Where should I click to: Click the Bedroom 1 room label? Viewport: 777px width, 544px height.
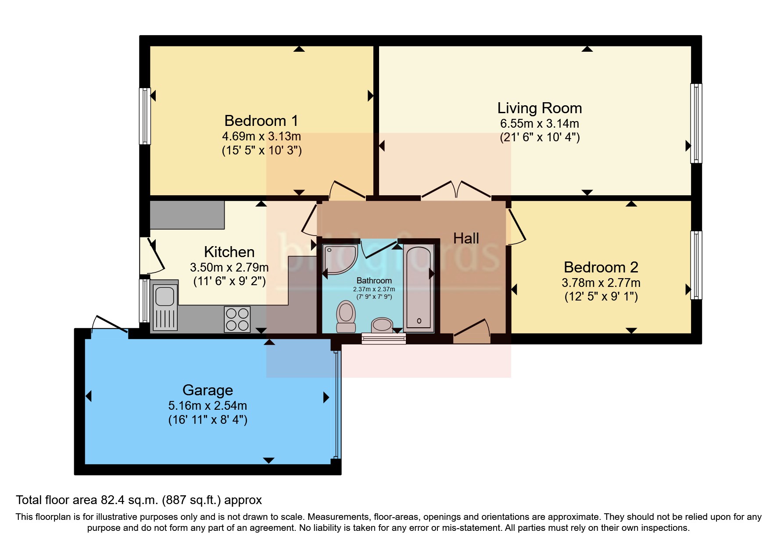pyautogui.click(x=261, y=121)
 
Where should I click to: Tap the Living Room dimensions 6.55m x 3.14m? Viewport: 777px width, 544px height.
pyautogui.click(x=539, y=124)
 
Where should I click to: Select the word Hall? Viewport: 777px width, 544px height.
pyautogui.click(x=466, y=239)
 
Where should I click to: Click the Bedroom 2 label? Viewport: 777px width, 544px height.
pyautogui.click(x=601, y=267)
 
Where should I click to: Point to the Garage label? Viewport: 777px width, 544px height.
pyautogui.click(x=208, y=390)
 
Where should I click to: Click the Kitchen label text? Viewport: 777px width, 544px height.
pyautogui.click(x=229, y=252)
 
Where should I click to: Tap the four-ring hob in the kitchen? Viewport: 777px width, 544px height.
pyautogui.click(x=237, y=319)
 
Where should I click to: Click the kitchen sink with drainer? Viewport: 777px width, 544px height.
pyautogui.click(x=165, y=306)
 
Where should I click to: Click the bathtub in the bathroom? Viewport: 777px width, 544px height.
pyautogui.click(x=419, y=287)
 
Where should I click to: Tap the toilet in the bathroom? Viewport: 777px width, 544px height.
pyautogui.click(x=346, y=316)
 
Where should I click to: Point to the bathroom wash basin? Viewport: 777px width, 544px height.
pyautogui.click(x=382, y=325)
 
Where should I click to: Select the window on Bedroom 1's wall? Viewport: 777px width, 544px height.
pyautogui.click(x=145, y=116)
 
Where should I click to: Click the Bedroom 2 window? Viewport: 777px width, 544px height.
pyautogui.click(x=696, y=265)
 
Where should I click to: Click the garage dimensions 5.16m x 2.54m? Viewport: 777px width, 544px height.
pyautogui.click(x=208, y=406)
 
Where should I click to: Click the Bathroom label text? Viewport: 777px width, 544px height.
pyautogui.click(x=374, y=281)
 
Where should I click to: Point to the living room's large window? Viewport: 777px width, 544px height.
pyautogui.click(x=696, y=123)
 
